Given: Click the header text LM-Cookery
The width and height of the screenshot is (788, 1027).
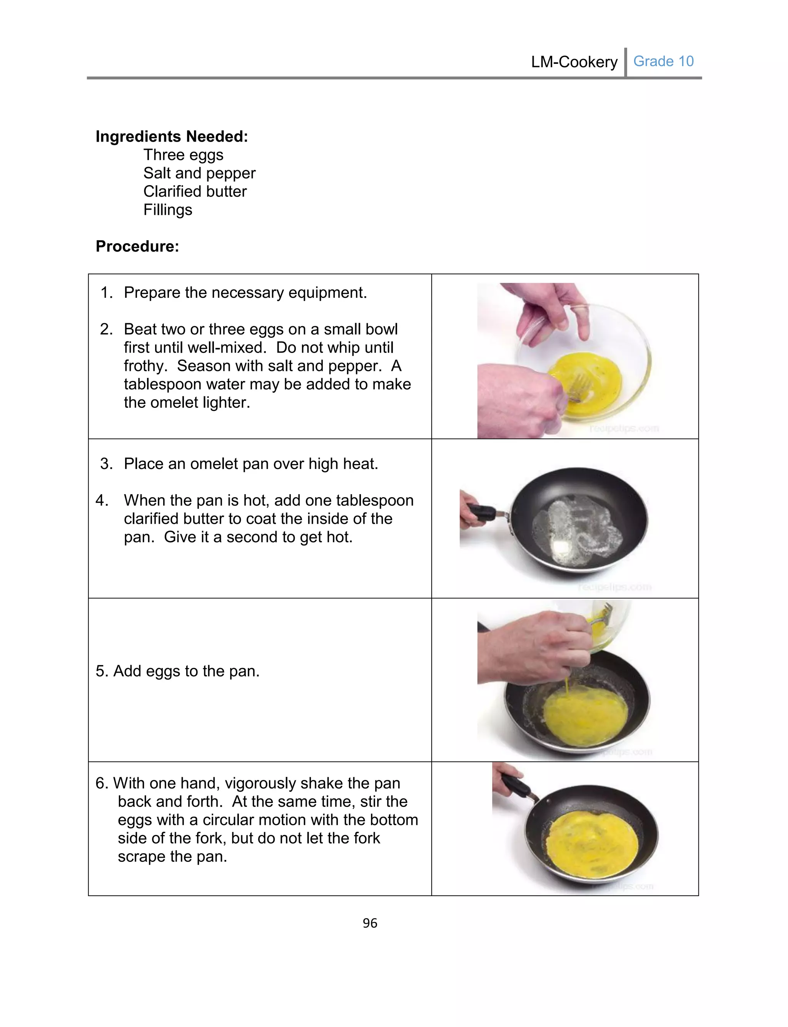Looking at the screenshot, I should coord(574,62).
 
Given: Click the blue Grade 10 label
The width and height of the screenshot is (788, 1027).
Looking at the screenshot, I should coord(663,62).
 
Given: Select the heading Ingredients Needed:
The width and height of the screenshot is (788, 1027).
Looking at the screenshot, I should coord(172,137).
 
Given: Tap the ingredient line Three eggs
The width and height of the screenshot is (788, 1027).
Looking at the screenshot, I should coord(184,155).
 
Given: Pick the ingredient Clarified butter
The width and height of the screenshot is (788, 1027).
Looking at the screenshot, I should coord(195,191).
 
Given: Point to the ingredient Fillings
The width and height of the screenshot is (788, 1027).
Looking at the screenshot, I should coord(167,210).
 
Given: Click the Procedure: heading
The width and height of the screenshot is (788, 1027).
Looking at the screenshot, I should coord(137,246).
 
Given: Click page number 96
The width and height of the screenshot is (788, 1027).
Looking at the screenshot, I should coord(370,923).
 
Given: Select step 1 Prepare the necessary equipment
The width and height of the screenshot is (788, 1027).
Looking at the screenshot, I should coord(245,292).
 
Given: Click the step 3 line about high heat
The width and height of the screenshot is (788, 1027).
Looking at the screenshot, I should coord(250,464).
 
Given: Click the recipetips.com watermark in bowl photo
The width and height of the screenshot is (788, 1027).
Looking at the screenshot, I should coord(623,428).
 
